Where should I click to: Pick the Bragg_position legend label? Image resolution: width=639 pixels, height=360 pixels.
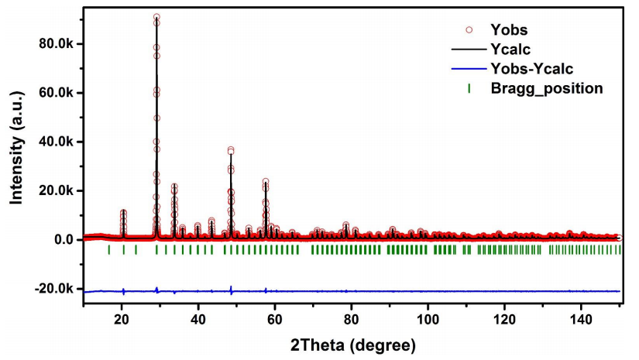[547, 88]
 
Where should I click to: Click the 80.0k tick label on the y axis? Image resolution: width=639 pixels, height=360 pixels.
[55, 43]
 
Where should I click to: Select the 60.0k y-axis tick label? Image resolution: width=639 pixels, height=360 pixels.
[55, 93]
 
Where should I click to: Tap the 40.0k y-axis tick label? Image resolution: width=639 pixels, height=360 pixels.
[55, 142]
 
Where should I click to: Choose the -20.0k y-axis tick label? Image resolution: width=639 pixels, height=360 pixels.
[53, 289]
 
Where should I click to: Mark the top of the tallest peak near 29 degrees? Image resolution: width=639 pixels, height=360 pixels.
[156, 16]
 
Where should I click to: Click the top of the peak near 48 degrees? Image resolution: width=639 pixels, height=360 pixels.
[231, 149]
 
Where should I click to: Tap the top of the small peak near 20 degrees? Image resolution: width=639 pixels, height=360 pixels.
[123, 211]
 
